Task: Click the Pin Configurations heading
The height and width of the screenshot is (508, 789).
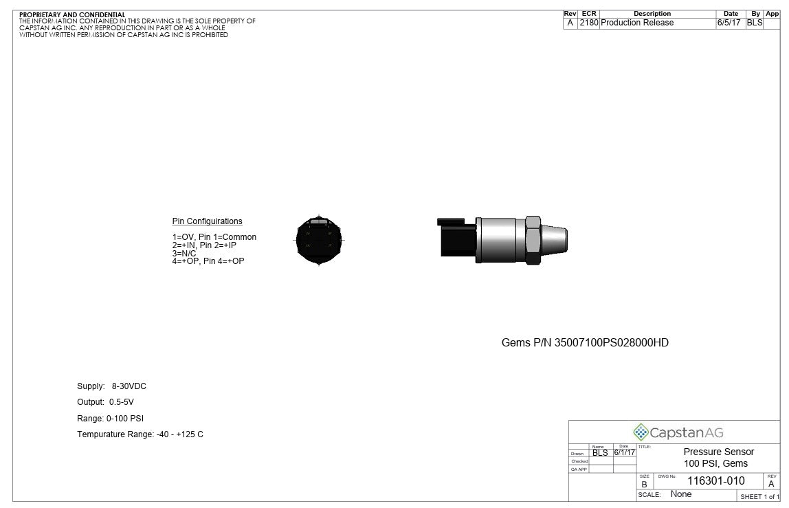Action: coord(207,221)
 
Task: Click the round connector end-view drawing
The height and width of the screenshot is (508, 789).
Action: coord(318,240)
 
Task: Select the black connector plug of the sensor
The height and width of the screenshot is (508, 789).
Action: coord(456,237)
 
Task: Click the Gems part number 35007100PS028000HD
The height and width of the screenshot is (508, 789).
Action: coord(585,342)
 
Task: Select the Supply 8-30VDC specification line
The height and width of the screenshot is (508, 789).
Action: coord(111,386)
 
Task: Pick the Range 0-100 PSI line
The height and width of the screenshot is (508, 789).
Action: coord(110,418)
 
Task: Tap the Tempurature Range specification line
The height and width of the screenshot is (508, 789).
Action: coord(140,434)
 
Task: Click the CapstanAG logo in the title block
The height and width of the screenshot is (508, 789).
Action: coord(678,432)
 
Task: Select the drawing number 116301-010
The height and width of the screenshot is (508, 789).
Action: coord(715,481)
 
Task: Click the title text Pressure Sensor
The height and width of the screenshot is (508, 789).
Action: coord(718,452)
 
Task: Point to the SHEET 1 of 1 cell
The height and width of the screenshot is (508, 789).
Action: coord(759,496)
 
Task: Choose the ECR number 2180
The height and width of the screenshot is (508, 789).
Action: coord(588,23)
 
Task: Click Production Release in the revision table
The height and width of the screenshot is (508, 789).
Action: coord(637,23)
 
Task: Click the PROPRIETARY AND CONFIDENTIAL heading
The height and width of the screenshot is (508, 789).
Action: coord(72,14)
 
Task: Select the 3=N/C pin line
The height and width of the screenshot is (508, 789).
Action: coord(184,254)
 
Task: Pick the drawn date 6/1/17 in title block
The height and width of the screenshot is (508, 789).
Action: coord(624,452)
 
